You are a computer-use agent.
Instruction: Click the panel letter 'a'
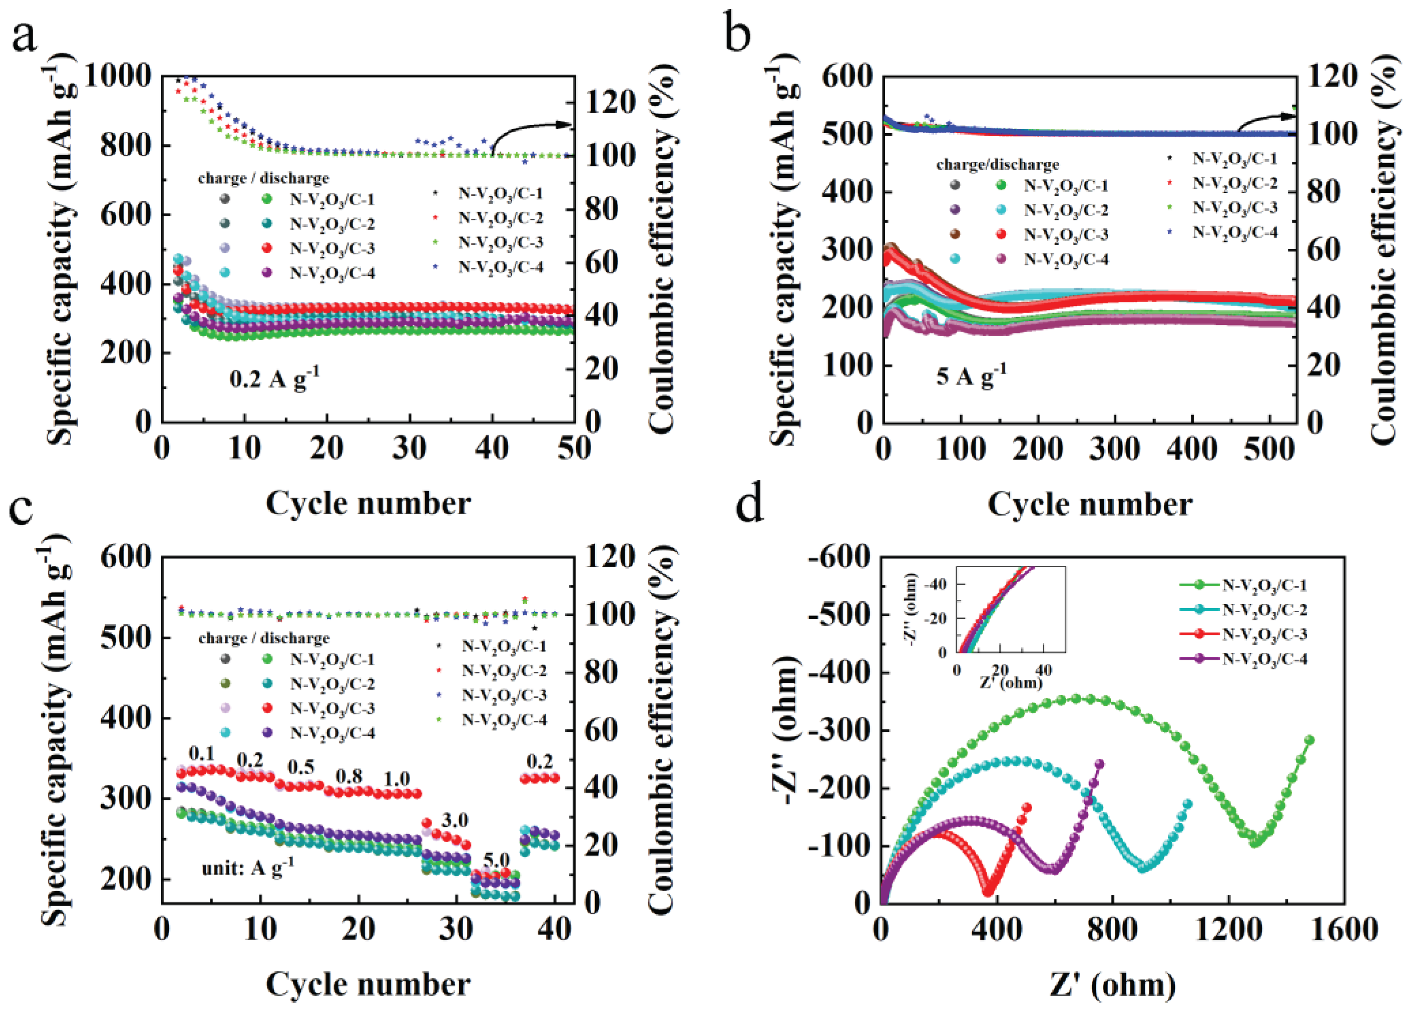point(25,37)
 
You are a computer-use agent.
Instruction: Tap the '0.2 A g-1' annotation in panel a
point(274,378)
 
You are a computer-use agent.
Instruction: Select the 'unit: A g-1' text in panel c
point(247,867)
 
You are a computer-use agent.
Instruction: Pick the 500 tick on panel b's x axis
point(1269,449)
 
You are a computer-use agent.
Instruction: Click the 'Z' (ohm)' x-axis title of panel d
point(1113,984)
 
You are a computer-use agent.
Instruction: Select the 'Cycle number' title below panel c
point(368,984)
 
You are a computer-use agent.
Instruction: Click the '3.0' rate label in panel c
point(454,820)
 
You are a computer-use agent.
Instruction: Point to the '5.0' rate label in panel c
point(496,860)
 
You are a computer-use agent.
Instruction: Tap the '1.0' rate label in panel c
point(397,778)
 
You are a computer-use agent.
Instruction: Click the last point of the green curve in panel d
point(1309,740)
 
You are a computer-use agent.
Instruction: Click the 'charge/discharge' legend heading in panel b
point(998,164)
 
